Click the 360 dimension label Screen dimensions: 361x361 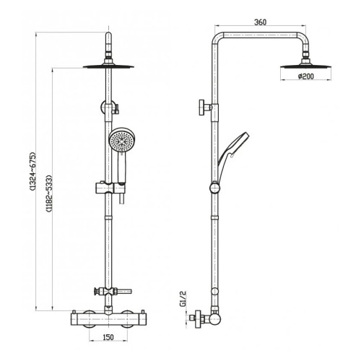(261, 22)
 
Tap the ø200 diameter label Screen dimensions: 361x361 (306, 77)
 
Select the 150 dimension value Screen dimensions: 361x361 (108, 337)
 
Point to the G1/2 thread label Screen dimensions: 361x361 (183, 299)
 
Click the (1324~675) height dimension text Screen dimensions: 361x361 (32, 171)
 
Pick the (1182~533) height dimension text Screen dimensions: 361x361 (49, 193)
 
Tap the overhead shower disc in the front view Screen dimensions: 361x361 (108, 66)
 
